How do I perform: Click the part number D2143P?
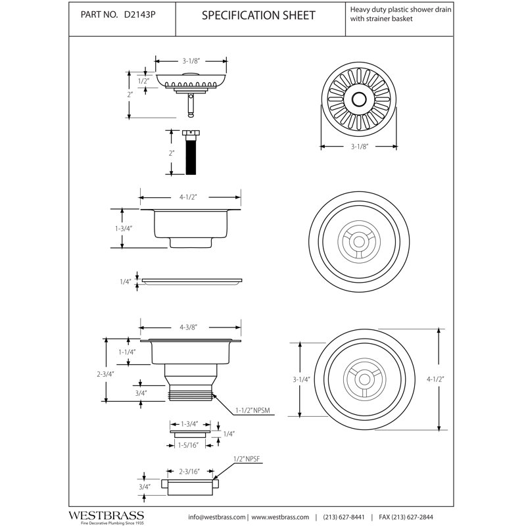pyautogui.click(x=139, y=14)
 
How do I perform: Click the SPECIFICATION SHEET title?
pyautogui.click(x=258, y=15)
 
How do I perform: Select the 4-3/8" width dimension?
pyautogui.click(x=188, y=327)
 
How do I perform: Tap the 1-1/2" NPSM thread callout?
pyautogui.click(x=252, y=410)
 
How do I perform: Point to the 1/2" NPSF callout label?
pyautogui.click(x=247, y=459)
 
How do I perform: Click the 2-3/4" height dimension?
pyautogui.click(x=105, y=373)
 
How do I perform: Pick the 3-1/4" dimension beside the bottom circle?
pyautogui.click(x=301, y=379)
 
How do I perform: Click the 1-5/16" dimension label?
pyautogui.click(x=188, y=445)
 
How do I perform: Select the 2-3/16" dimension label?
pyautogui.click(x=189, y=471)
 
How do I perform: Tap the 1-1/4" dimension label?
pyautogui.click(x=127, y=352)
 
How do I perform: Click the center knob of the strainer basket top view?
pyautogui.click(x=358, y=99)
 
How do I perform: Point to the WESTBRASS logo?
pyautogui.click(x=107, y=515)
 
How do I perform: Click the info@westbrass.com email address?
pyautogui.click(x=217, y=517)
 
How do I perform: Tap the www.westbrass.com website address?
pyautogui.click(x=280, y=517)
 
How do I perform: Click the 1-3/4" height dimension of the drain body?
pyautogui.click(x=124, y=228)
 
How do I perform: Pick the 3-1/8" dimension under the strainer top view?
pyautogui.click(x=359, y=147)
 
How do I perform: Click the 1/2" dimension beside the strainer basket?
pyautogui.click(x=143, y=81)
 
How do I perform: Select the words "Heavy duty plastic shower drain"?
pyautogui.click(x=400, y=9)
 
